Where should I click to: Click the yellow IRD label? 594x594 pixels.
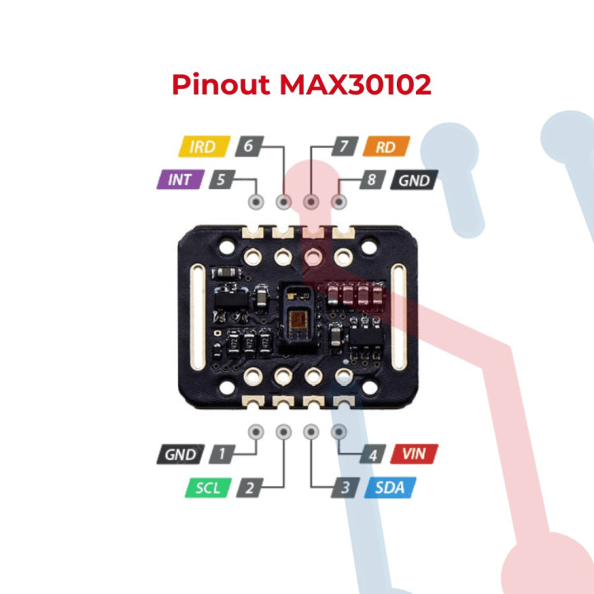point(201,148)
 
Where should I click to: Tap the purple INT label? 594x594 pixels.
point(179,179)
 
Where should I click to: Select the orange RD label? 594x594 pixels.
point(384,148)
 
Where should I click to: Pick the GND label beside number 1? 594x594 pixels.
point(180,455)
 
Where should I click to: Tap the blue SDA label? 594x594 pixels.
point(389,487)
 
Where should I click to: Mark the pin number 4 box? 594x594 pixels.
point(373,455)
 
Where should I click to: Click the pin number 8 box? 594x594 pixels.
point(373,179)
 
